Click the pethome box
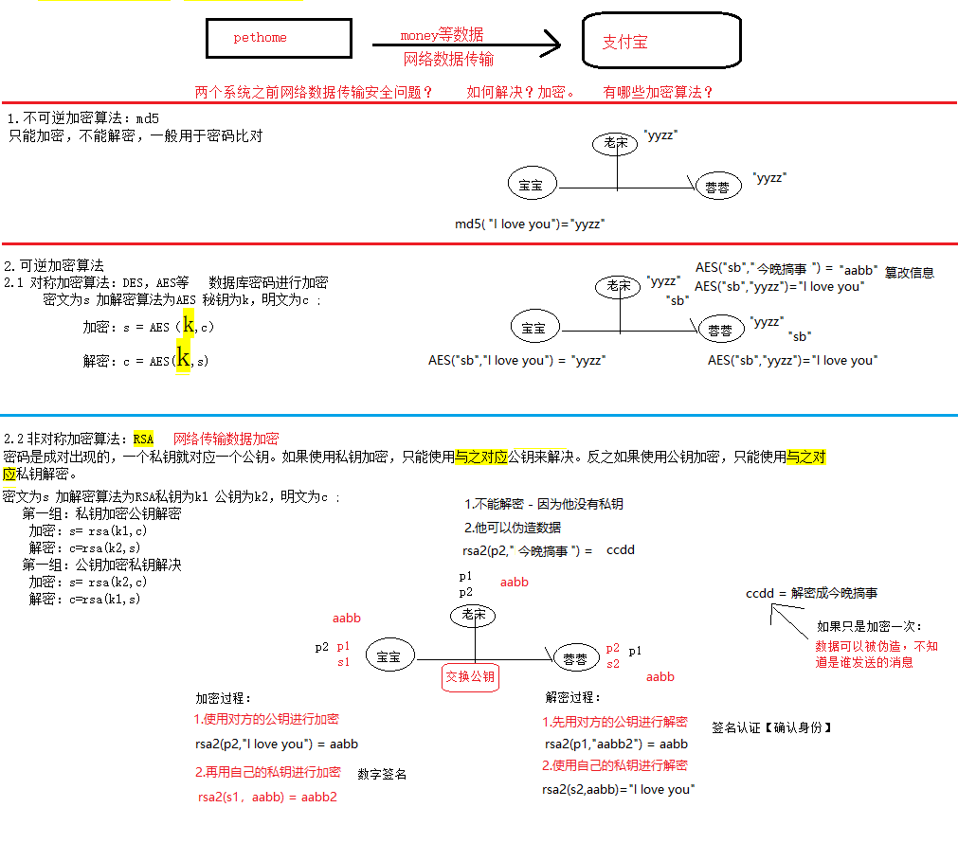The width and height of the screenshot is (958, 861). pos(279,38)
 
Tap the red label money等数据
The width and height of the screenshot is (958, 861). pos(442,34)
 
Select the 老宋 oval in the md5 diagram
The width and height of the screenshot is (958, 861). pos(616,143)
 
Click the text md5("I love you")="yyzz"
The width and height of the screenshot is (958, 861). pos(530,224)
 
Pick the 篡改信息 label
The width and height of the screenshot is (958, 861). pos(909,272)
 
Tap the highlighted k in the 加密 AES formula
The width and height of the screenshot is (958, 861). pos(189,325)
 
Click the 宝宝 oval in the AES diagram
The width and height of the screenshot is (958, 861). pos(533,329)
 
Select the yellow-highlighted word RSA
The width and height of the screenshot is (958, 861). pos(143,439)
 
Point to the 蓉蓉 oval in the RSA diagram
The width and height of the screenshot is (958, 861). pos(575,658)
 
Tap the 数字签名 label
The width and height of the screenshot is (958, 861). pos(382,774)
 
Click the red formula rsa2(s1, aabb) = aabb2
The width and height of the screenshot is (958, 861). pos(267,797)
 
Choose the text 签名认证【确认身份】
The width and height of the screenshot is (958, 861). pos(772,727)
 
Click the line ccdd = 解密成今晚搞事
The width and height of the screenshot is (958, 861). pos(811,593)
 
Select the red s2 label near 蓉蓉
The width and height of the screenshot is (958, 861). pos(613,664)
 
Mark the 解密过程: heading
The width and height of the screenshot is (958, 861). pos(573,697)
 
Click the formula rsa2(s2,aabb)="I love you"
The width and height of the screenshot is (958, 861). pos(618,789)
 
